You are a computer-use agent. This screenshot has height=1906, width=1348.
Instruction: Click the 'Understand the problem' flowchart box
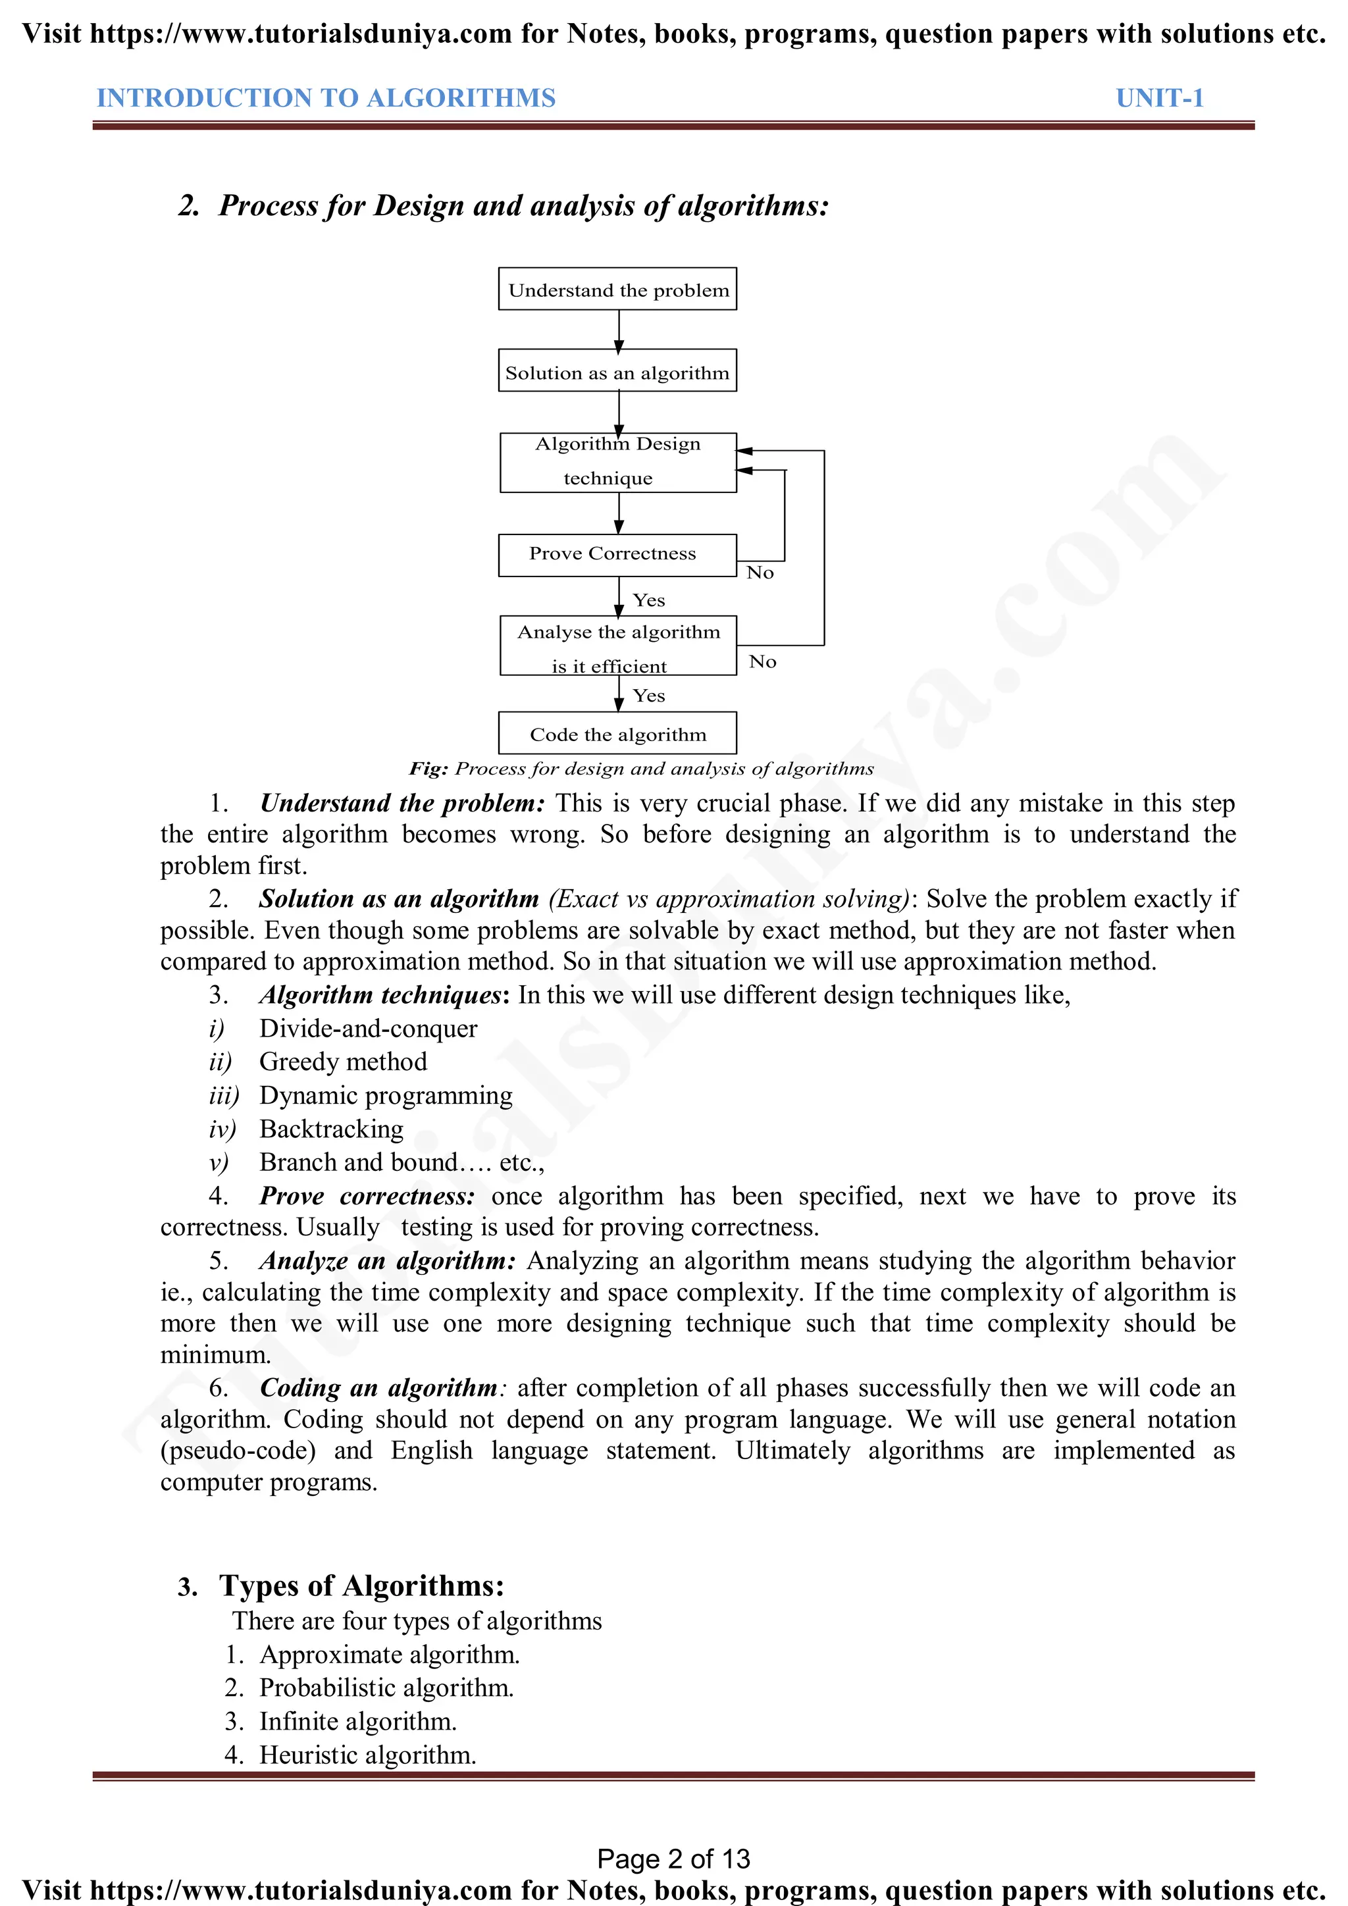coord(617,289)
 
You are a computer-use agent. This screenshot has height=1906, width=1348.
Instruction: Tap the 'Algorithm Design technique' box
coord(617,463)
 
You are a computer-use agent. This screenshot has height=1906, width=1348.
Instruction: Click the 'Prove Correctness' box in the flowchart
coord(617,555)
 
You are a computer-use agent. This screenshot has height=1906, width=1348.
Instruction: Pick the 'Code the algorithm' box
coord(617,733)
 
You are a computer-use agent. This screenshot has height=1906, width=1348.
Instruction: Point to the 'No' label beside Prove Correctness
coord(760,573)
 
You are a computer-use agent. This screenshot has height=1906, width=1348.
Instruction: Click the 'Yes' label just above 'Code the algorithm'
coord(648,696)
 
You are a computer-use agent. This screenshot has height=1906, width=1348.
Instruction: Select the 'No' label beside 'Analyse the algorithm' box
coord(762,661)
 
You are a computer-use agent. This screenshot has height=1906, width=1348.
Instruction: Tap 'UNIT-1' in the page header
coord(1158,98)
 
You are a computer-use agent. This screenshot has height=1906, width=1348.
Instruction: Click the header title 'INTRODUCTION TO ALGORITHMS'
coord(326,98)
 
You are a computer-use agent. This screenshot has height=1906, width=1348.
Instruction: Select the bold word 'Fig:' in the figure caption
coord(428,769)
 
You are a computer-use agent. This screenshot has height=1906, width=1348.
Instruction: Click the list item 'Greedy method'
coord(343,1062)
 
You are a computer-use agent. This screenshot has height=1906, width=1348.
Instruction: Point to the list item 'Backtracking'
coord(331,1129)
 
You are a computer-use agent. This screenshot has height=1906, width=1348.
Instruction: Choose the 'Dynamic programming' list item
coord(386,1096)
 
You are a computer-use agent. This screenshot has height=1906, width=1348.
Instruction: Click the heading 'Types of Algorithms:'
coord(362,1585)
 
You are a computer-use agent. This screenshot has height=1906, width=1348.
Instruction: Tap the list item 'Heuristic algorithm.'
coord(368,1755)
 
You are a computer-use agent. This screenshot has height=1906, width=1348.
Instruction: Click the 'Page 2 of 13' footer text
coord(673,1859)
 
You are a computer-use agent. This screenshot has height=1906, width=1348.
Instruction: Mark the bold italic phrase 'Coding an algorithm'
coord(378,1388)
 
